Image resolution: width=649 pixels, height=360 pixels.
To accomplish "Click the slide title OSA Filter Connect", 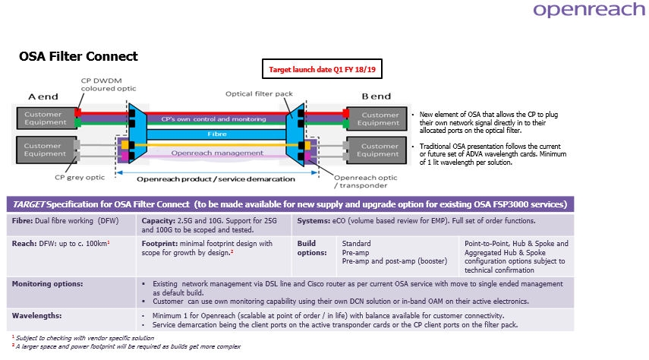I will click(x=78, y=57).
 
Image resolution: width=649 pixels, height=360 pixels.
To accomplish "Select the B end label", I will click(x=376, y=96).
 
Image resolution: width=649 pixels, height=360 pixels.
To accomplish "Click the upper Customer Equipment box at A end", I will click(x=43, y=118).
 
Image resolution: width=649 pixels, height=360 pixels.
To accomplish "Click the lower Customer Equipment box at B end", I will click(x=379, y=150).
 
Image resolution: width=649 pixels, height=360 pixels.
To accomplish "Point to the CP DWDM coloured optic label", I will click(x=109, y=84).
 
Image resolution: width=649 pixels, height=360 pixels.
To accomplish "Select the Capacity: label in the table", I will click(x=160, y=221).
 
